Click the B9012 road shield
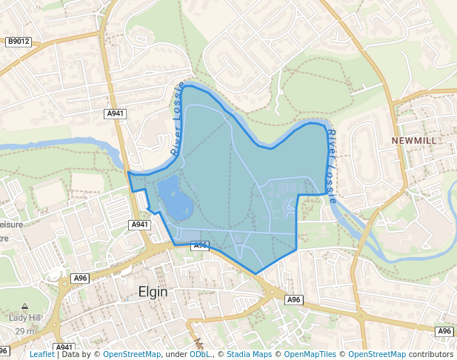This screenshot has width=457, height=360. point(19,42)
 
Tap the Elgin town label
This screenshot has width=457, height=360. point(153,292)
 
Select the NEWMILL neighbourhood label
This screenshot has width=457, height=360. point(414,140)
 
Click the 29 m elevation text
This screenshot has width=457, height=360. point(24,330)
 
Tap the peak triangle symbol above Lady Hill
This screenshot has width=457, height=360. point(25,306)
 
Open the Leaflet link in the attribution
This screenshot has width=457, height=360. point(42,354)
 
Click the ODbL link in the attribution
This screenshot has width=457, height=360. point(199,354)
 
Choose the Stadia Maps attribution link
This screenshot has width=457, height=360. point(249,354)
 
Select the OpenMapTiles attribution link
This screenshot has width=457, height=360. point(310,354)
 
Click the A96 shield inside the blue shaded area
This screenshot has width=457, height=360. point(200,245)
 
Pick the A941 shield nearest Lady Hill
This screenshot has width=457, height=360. point(64,347)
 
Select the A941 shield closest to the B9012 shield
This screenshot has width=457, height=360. point(116,113)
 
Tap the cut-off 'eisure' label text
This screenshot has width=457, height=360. point(12,224)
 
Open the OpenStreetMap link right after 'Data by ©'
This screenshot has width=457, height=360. point(132,354)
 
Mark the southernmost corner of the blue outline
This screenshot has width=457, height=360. point(256,274)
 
